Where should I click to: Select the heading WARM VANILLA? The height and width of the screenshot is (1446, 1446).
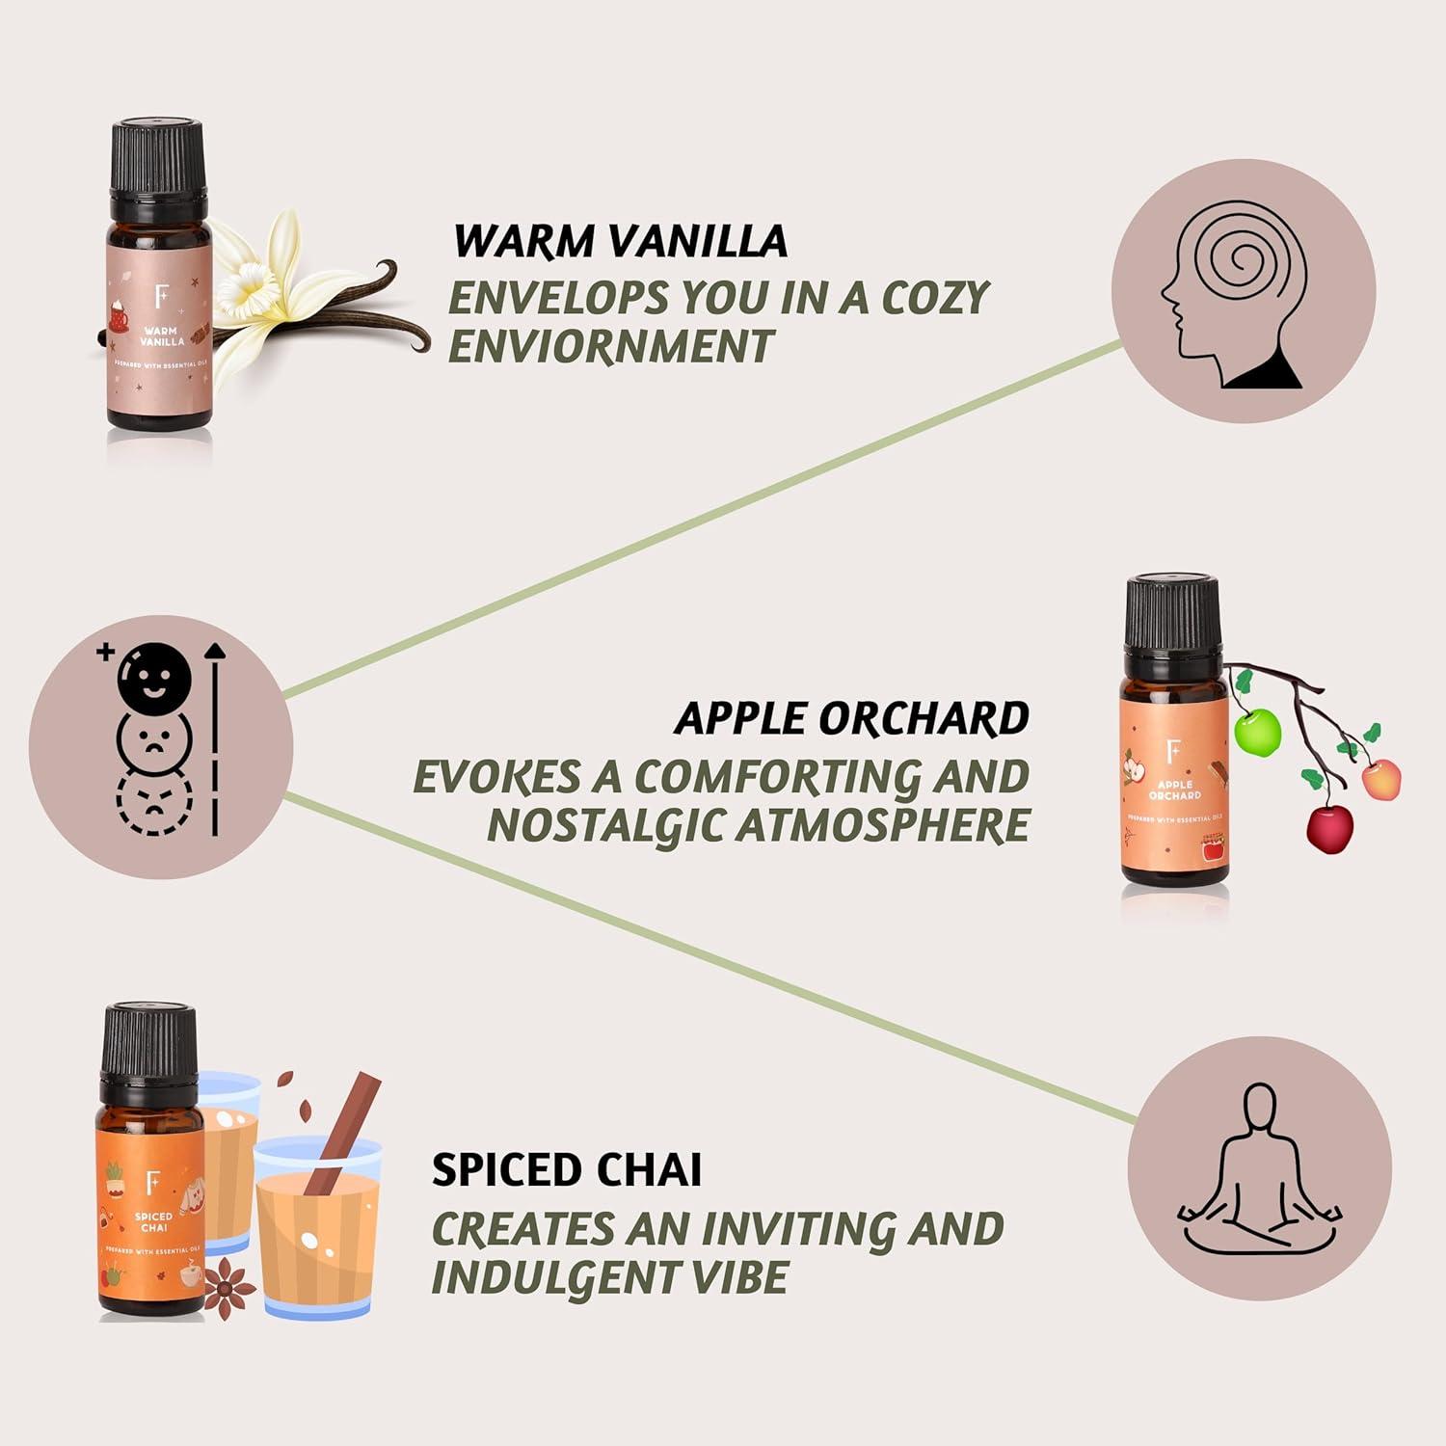click(620, 241)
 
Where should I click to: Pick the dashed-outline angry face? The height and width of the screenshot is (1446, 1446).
click(154, 802)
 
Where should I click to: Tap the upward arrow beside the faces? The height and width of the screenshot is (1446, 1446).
click(215, 737)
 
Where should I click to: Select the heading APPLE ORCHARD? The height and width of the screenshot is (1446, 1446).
click(851, 718)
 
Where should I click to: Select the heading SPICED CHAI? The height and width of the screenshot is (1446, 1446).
click(567, 1169)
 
